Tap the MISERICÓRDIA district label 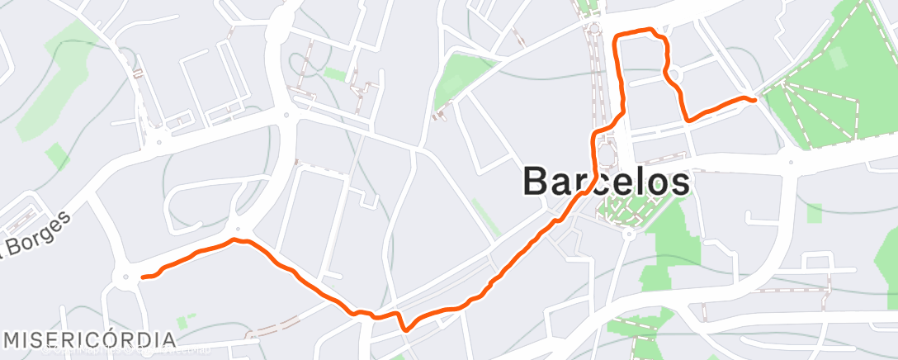[x=90, y=339]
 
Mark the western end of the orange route [x=143, y=277]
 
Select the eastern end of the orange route [x=754, y=100]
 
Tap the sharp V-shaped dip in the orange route [x=404, y=329]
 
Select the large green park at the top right [x=825, y=91]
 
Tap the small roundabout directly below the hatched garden [x=628, y=234]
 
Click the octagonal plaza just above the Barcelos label [x=607, y=154]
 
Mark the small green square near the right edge [x=815, y=214]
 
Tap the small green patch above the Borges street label [x=57, y=155]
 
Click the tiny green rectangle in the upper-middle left [x=335, y=75]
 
